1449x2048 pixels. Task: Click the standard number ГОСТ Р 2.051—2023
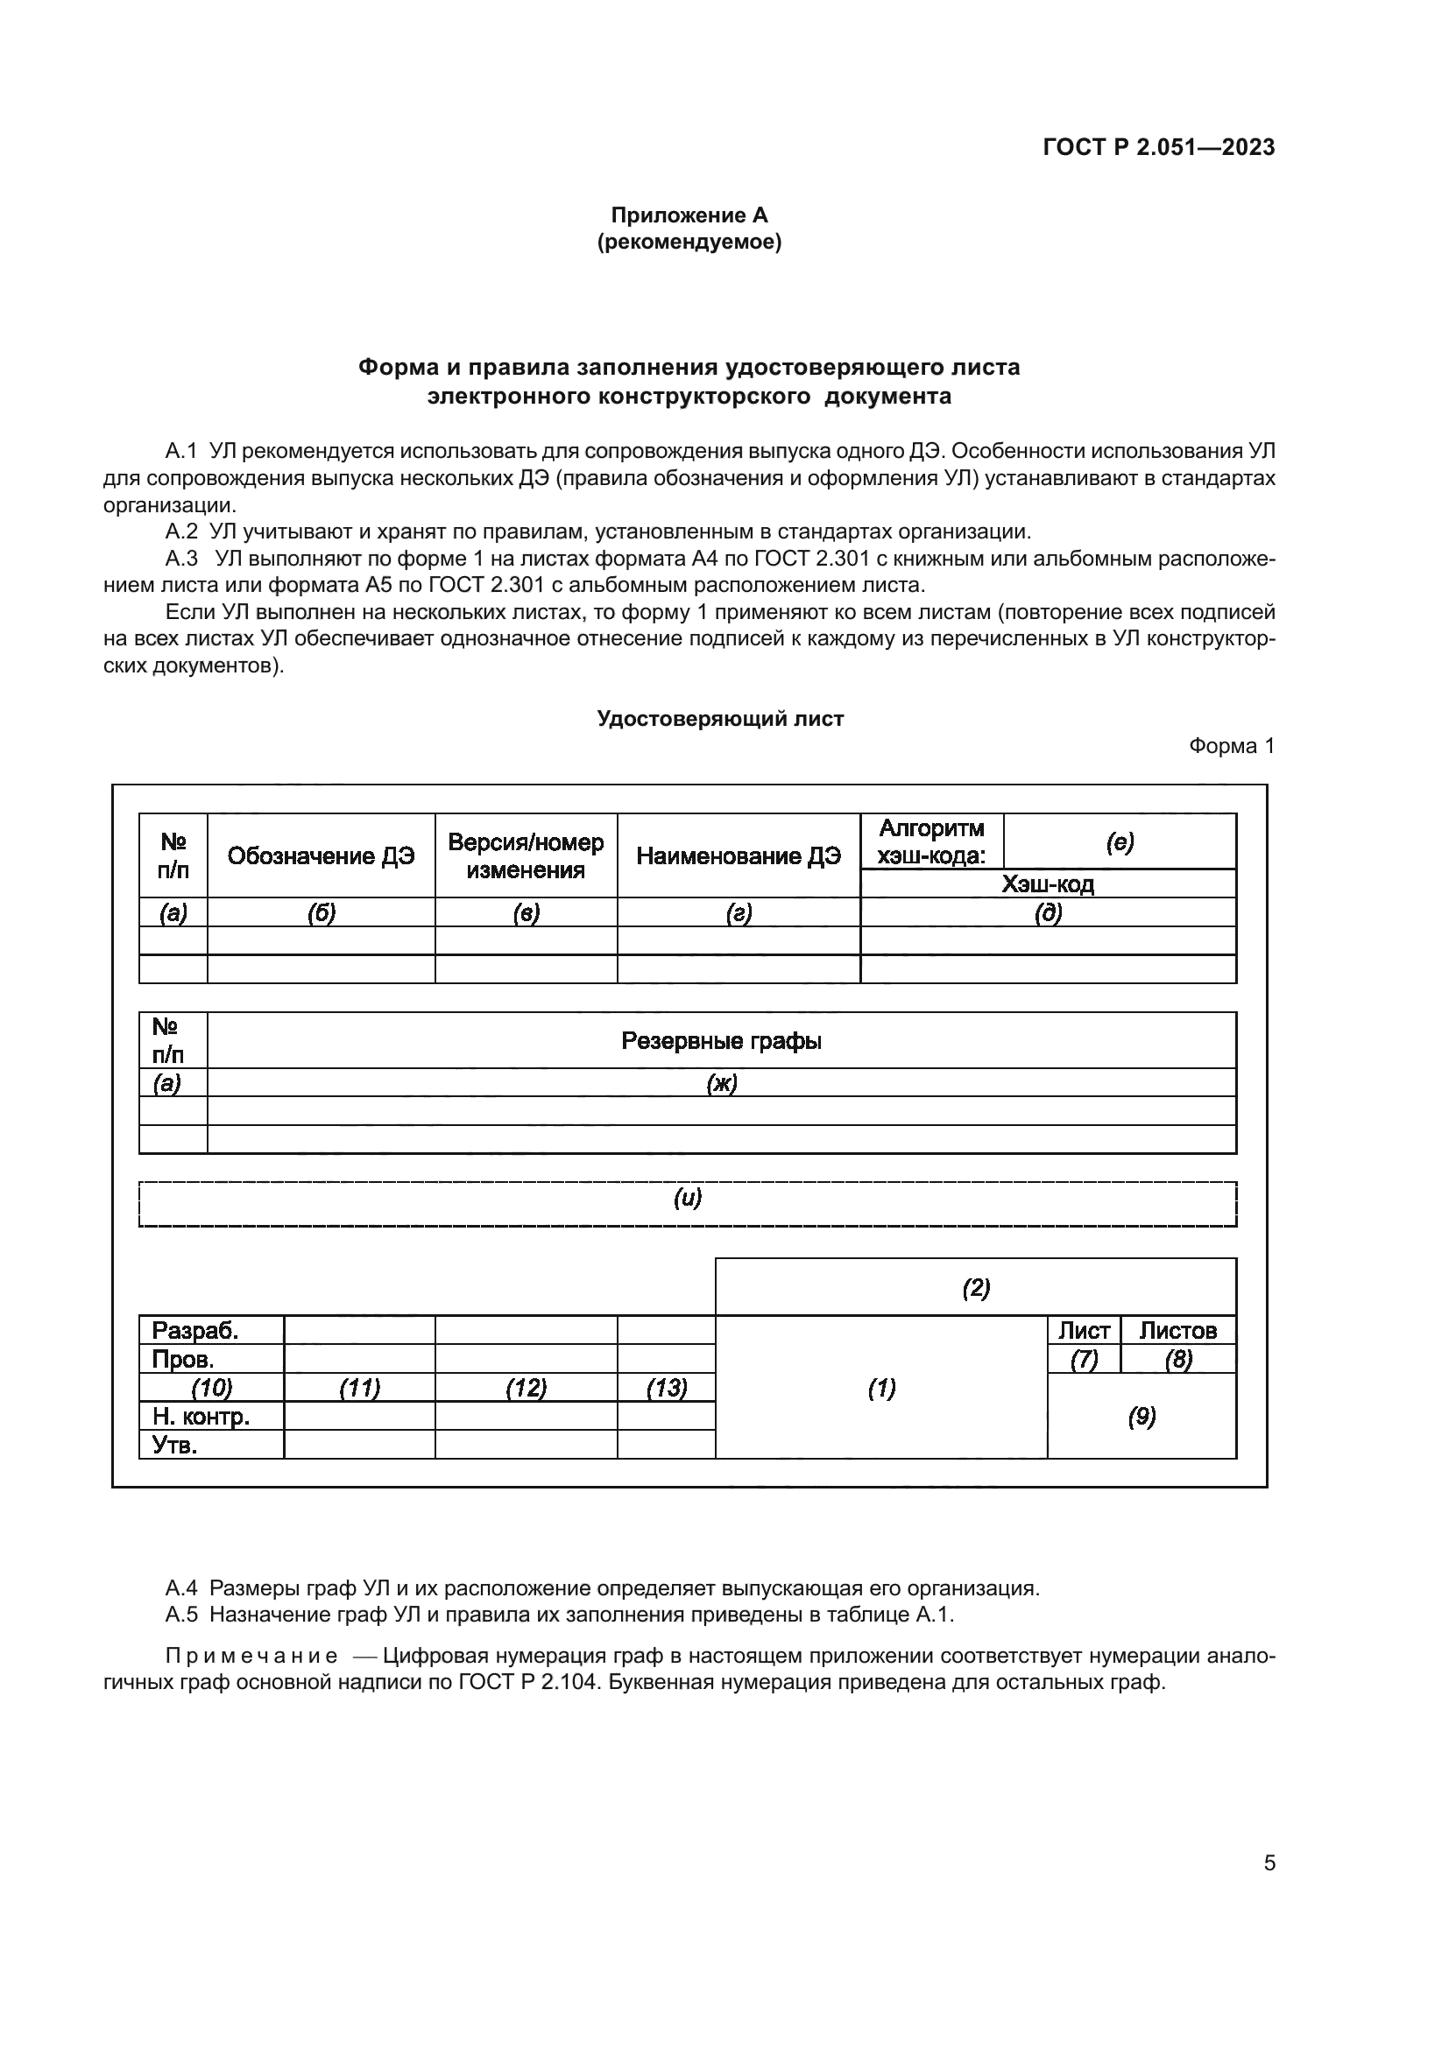pos(1158,147)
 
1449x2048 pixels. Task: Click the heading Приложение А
pos(689,215)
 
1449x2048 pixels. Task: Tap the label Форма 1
pos(1231,746)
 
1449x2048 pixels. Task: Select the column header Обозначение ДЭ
pos(322,856)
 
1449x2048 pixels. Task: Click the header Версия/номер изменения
pos(526,856)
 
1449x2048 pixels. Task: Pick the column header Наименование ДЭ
pos(738,856)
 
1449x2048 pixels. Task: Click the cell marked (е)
pos(1119,842)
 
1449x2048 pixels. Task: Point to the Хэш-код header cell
pos(1048,884)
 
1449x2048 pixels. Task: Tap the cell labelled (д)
pos(1048,912)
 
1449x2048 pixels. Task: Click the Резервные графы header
pos(721,1041)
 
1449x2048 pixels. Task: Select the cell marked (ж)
pos(721,1083)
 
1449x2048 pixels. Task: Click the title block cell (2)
pos(975,1287)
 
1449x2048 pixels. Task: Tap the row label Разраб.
pos(195,1331)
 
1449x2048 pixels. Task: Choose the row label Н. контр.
pos(201,1417)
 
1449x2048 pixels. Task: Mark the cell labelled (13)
pos(666,1388)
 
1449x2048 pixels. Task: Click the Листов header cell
pos(1177,1331)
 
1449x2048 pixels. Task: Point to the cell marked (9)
pos(1142,1417)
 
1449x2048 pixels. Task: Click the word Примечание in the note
pos(251,1657)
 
